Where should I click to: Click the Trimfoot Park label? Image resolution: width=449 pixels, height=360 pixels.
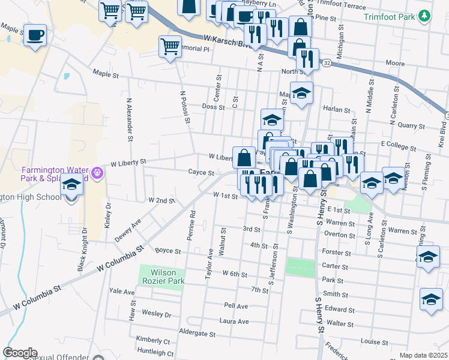click(390, 17)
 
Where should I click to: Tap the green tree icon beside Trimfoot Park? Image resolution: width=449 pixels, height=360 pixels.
click(425, 16)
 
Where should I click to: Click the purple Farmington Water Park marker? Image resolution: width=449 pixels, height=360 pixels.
click(98, 175)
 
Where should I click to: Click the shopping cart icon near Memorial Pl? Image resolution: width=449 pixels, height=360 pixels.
click(170, 46)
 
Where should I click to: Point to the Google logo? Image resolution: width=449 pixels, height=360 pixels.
click(20, 353)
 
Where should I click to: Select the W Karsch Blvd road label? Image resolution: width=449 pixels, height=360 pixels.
click(223, 41)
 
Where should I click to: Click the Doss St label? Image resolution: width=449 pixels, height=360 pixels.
click(213, 107)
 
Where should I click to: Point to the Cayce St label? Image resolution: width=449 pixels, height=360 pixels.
click(201, 173)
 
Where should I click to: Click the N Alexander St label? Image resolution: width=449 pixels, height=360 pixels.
click(129, 119)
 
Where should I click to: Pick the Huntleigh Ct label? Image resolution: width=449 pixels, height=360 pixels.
click(155, 353)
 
